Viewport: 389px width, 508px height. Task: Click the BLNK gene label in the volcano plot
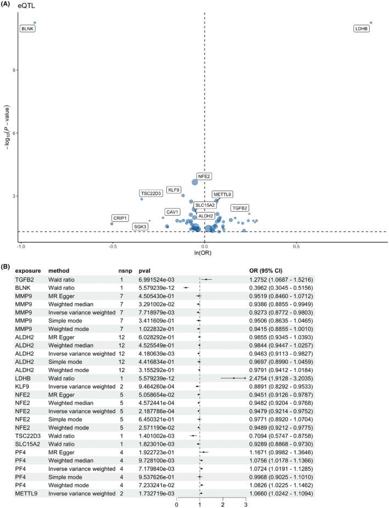point(27,28)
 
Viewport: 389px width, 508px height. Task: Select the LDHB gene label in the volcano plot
point(361,28)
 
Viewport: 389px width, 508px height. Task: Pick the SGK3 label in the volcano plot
point(140,226)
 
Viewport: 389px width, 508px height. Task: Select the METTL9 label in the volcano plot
point(222,194)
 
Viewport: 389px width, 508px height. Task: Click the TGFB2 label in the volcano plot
point(239,208)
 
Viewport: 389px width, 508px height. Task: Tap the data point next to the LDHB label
point(371,22)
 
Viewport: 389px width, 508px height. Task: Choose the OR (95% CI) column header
point(270,270)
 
